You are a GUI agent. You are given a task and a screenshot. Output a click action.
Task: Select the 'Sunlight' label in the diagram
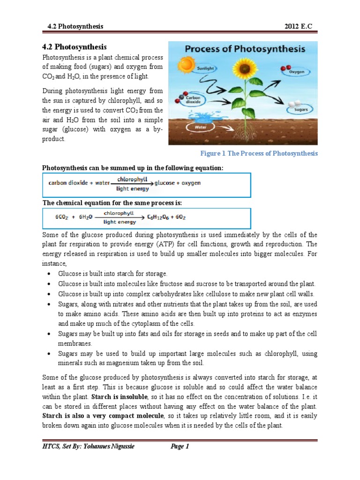205,68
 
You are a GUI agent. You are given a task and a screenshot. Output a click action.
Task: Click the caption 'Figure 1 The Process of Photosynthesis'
259,153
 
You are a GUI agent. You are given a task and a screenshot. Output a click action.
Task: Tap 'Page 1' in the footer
180,446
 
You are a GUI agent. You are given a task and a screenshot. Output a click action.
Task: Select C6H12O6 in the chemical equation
160,217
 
